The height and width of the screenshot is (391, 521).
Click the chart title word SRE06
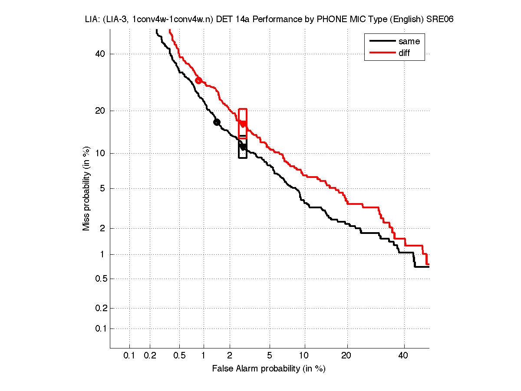coord(440,20)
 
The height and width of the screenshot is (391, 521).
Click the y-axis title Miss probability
coord(86,188)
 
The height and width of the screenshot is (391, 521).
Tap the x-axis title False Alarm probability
coord(269,369)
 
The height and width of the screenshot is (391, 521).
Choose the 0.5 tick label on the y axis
coord(100,279)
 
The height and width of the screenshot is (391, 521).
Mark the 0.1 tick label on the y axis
coord(100,329)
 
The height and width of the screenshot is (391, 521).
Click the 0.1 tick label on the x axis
coord(129,356)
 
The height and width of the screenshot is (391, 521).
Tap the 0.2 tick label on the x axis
coord(150,356)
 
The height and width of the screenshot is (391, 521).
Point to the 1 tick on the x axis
coord(204,356)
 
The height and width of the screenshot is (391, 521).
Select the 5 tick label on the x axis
coord(270,356)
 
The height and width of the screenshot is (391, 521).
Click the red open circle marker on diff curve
coord(198,80)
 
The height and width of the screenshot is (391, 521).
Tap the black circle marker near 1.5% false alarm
coord(217,122)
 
